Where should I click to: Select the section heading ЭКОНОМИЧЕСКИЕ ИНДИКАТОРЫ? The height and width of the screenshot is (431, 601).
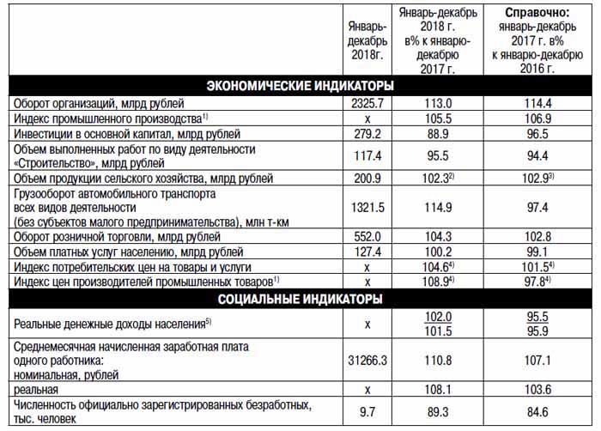[300, 86]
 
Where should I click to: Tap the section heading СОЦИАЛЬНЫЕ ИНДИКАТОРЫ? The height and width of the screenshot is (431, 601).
[300, 299]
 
